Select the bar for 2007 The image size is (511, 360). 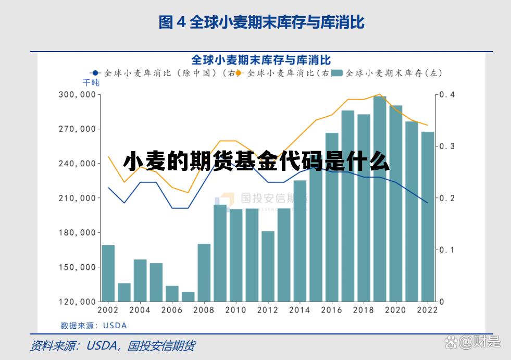click(x=188, y=296)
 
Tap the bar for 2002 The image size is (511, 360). click(x=108, y=273)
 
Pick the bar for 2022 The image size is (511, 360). click(x=428, y=217)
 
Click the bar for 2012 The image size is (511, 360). click(x=268, y=266)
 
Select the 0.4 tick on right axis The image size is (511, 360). click(x=447, y=95)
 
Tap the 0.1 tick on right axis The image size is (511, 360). click(x=447, y=250)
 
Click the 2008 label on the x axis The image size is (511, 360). click(x=204, y=310)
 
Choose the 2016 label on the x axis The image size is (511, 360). click(x=332, y=310)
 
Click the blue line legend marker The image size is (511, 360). click(x=95, y=73)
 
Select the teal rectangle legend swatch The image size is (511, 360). click(x=337, y=73)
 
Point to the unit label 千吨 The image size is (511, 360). click(x=90, y=83)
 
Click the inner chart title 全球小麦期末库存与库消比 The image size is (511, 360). click(x=260, y=60)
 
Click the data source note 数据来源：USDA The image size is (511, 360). click(x=94, y=326)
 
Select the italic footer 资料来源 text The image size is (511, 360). click(x=112, y=345)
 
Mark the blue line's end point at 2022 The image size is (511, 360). click(x=428, y=203)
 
